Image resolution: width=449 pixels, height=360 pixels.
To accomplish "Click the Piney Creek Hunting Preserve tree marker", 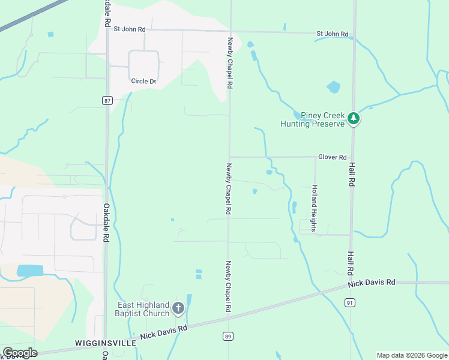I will [354, 119].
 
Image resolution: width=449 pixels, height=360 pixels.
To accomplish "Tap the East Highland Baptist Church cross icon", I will [178, 308].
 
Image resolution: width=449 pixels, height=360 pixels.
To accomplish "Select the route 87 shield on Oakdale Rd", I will [107, 100].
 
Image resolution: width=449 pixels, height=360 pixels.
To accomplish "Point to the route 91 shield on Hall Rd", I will [350, 304].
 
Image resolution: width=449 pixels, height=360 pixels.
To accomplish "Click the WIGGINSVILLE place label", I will [100, 343].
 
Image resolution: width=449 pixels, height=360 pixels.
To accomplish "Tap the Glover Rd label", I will [333, 157].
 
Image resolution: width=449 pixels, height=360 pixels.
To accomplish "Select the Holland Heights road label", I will [313, 204].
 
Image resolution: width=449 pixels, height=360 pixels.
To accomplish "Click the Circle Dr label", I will [143, 81].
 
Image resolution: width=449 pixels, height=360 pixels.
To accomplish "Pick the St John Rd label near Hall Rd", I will [333, 34].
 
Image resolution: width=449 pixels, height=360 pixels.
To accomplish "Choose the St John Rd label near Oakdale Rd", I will [130, 29].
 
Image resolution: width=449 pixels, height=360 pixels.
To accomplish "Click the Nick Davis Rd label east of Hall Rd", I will [373, 281].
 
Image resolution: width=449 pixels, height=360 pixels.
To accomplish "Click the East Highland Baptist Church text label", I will [143, 309].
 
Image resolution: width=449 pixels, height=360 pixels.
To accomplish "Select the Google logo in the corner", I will [19, 353].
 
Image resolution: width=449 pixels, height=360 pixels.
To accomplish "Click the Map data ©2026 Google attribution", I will [412, 355].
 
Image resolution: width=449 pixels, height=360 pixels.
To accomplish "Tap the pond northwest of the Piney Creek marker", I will [333, 87].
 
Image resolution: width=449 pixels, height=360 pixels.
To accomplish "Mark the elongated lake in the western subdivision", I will [30, 271].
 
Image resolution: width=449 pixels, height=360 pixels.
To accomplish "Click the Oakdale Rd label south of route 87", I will [106, 222].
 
